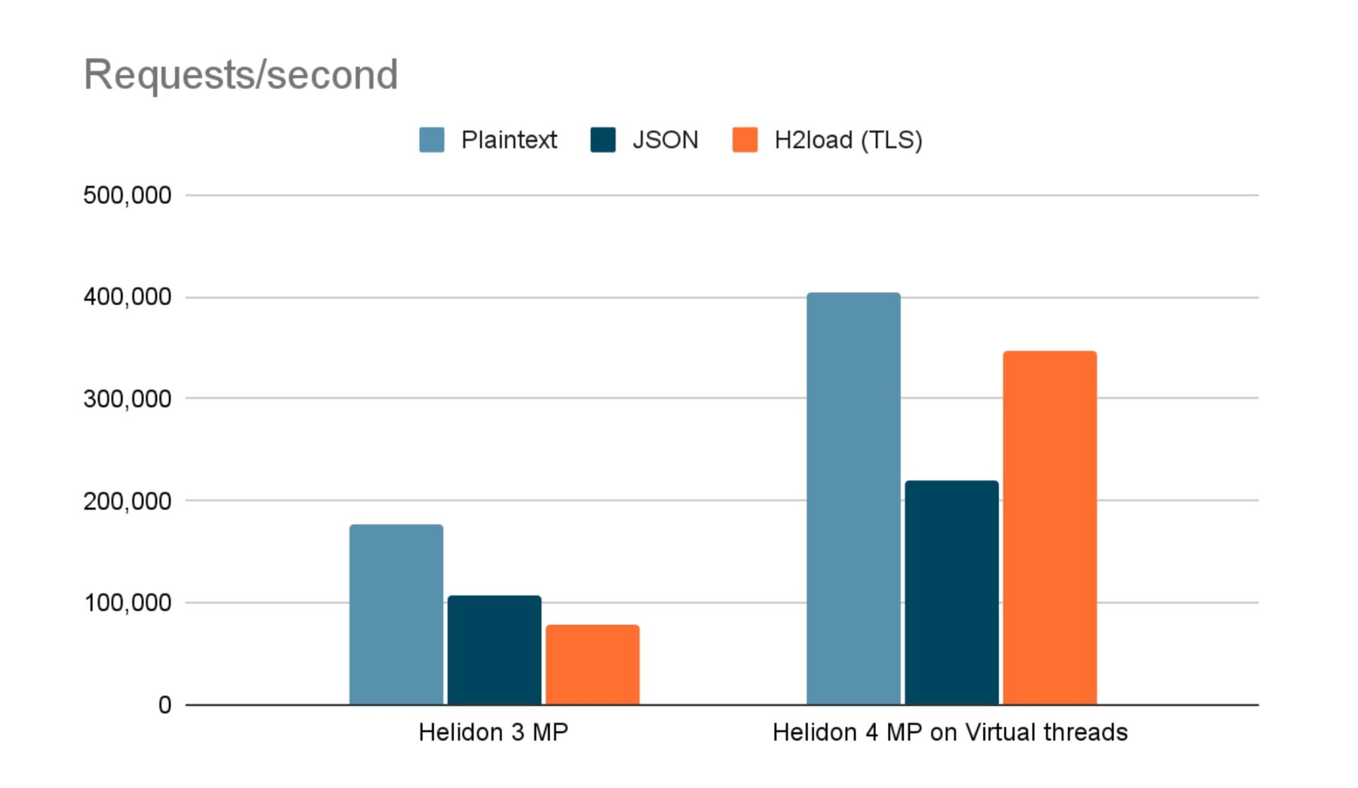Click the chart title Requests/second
(x=241, y=75)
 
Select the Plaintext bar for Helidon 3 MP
(x=396, y=614)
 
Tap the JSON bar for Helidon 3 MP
(x=494, y=650)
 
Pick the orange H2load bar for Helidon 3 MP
(x=592, y=664)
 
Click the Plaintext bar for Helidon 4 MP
(x=853, y=498)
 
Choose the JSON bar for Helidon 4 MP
(x=951, y=593)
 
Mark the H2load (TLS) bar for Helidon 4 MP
(x=1049, y=528)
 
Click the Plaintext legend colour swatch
(x=432, y=140)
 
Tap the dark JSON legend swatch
(x=603, y=140)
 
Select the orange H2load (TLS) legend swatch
(x=745, y=140)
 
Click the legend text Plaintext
(x=509, y=140)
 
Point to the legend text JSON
(x=665, y=140)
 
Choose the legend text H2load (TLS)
(x=848, y=140)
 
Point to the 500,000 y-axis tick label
(x=128, y=195)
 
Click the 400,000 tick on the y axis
(x=128, y=297)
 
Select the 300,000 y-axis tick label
(x=128, y=399)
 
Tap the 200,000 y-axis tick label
(x=128, y=500)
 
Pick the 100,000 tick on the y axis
(x=128, y=603)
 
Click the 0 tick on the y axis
(x=165, y=705)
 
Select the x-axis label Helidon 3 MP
(x=493, y=732)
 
